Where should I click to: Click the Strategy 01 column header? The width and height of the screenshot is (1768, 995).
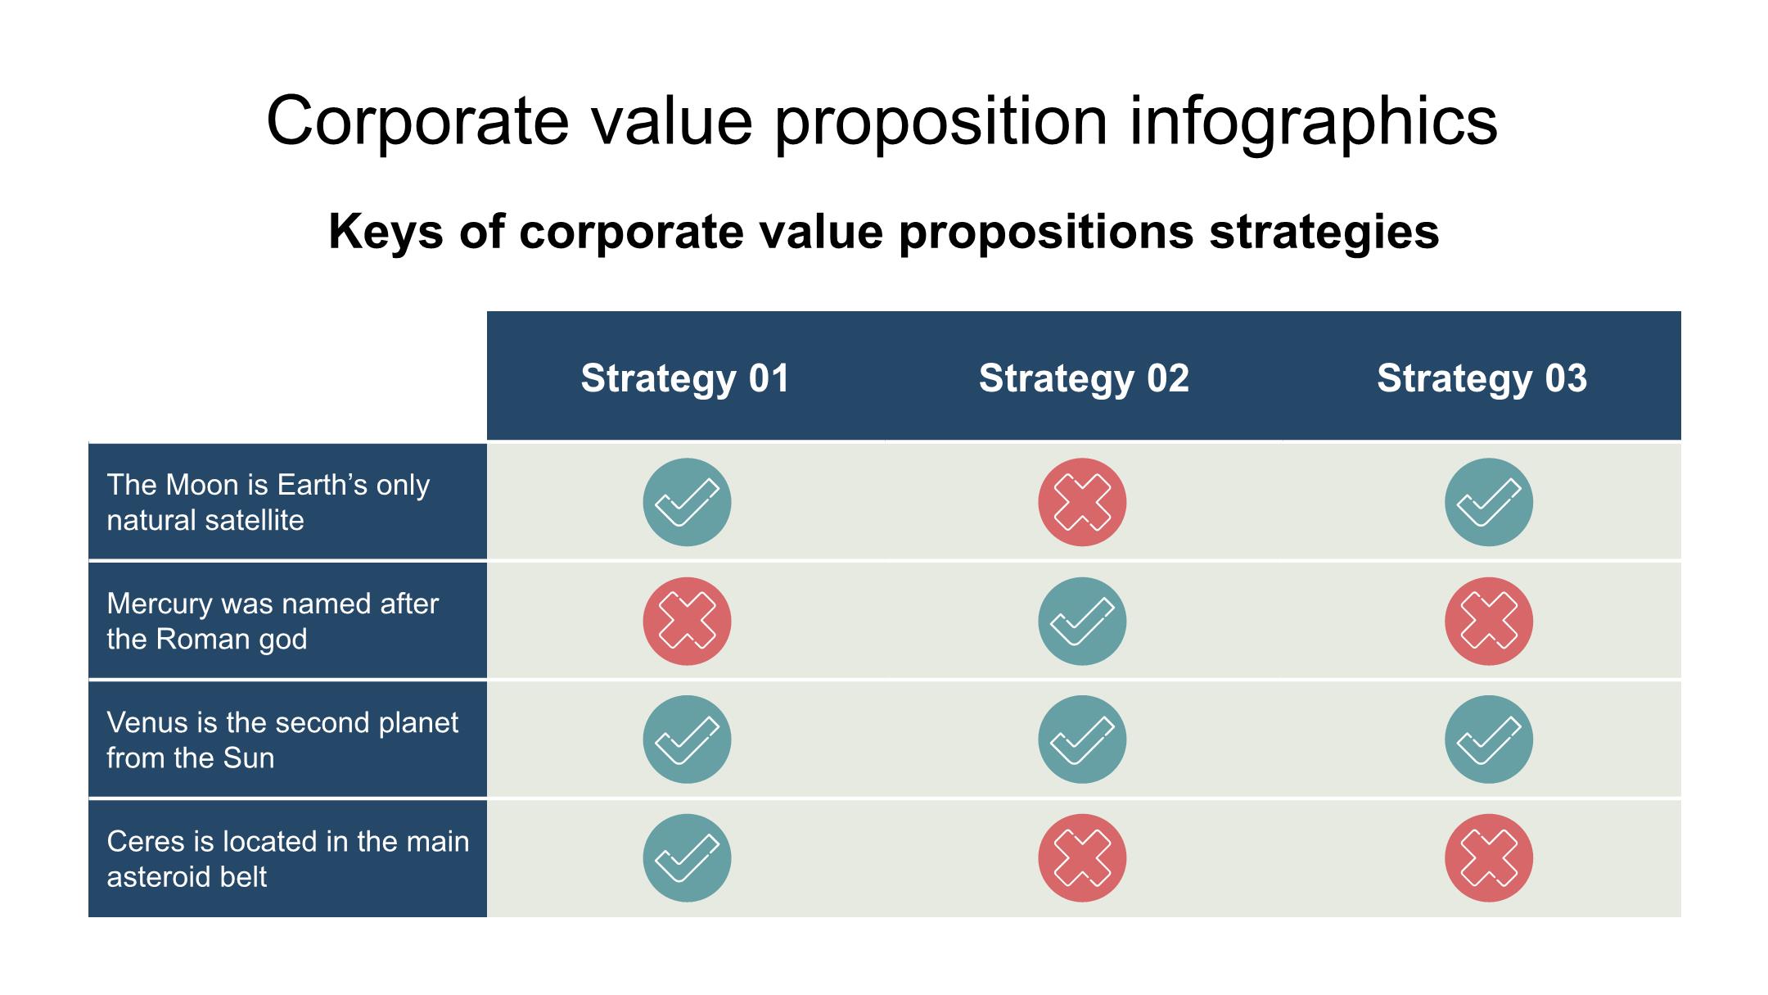685,378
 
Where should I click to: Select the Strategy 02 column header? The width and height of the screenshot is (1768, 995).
1084,378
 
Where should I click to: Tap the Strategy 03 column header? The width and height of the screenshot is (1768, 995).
1482,378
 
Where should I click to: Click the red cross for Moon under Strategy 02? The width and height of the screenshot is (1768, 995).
1082,502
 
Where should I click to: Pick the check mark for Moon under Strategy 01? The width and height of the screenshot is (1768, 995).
687,502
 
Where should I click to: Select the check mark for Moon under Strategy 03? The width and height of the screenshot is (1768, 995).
1489,502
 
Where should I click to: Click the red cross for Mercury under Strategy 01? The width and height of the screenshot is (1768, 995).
687,621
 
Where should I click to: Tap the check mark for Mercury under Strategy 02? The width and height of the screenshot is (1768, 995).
1082,621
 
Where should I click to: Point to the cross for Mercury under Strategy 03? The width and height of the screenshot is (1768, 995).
1489,621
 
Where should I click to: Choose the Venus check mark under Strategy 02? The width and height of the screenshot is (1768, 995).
1082,739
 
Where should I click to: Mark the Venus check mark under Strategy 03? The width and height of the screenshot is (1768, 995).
1489,739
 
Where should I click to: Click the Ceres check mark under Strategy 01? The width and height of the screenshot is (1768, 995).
687,858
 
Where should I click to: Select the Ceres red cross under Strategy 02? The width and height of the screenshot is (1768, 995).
1082,858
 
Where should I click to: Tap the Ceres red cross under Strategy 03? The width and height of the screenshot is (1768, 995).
1489,858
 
